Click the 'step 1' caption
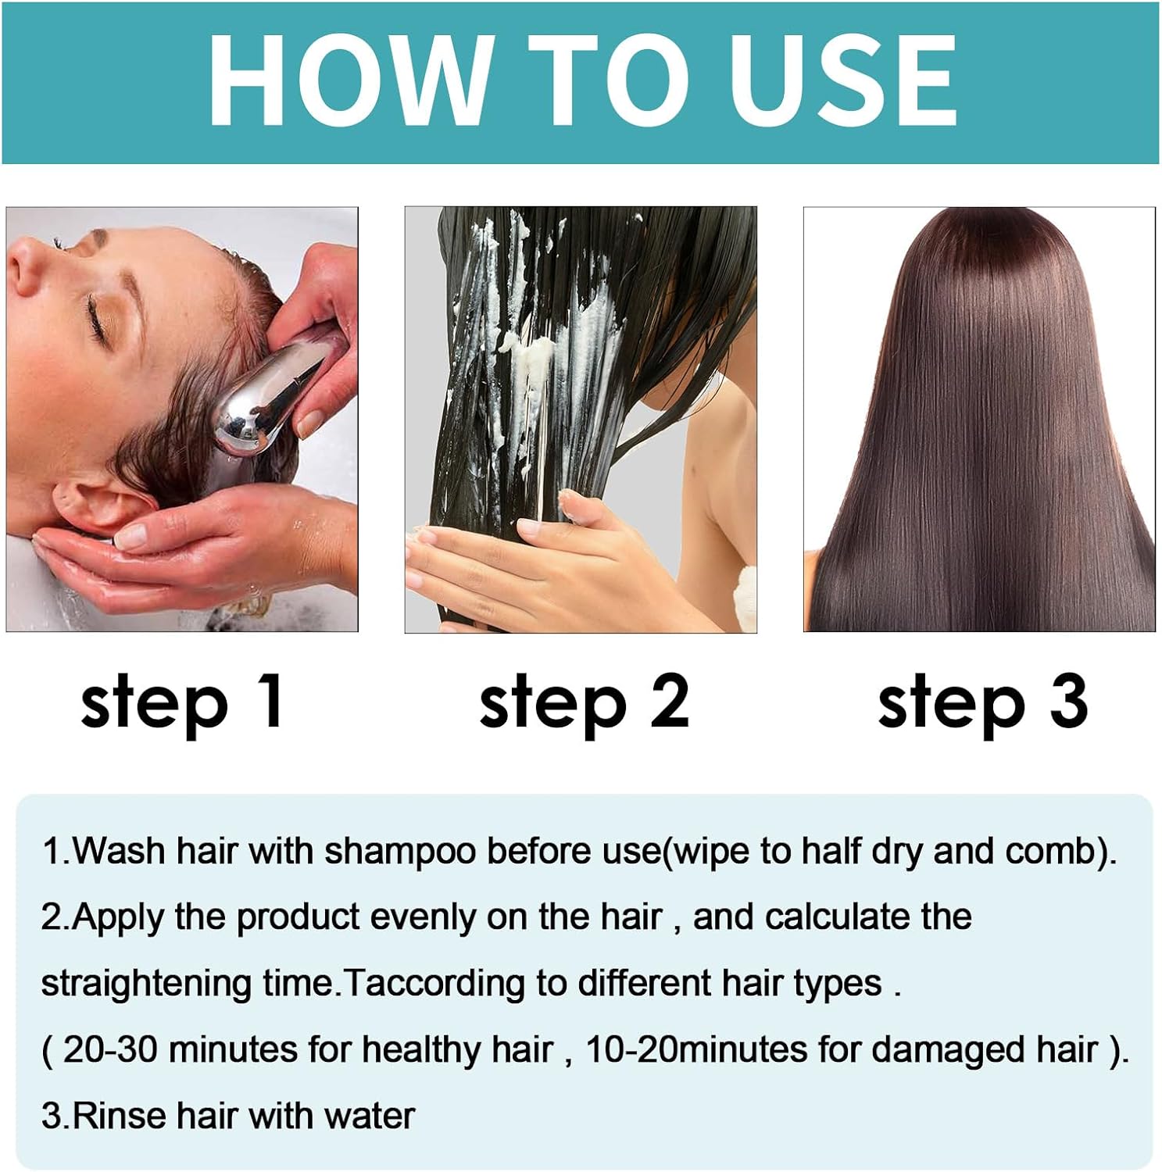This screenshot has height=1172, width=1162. click(x=182, y=702)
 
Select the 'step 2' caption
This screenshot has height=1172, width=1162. click(x=584, y=702)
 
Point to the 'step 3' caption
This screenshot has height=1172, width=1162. click(x=982, y=702)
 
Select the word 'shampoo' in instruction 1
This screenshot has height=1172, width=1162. click(x=400, y=851)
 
